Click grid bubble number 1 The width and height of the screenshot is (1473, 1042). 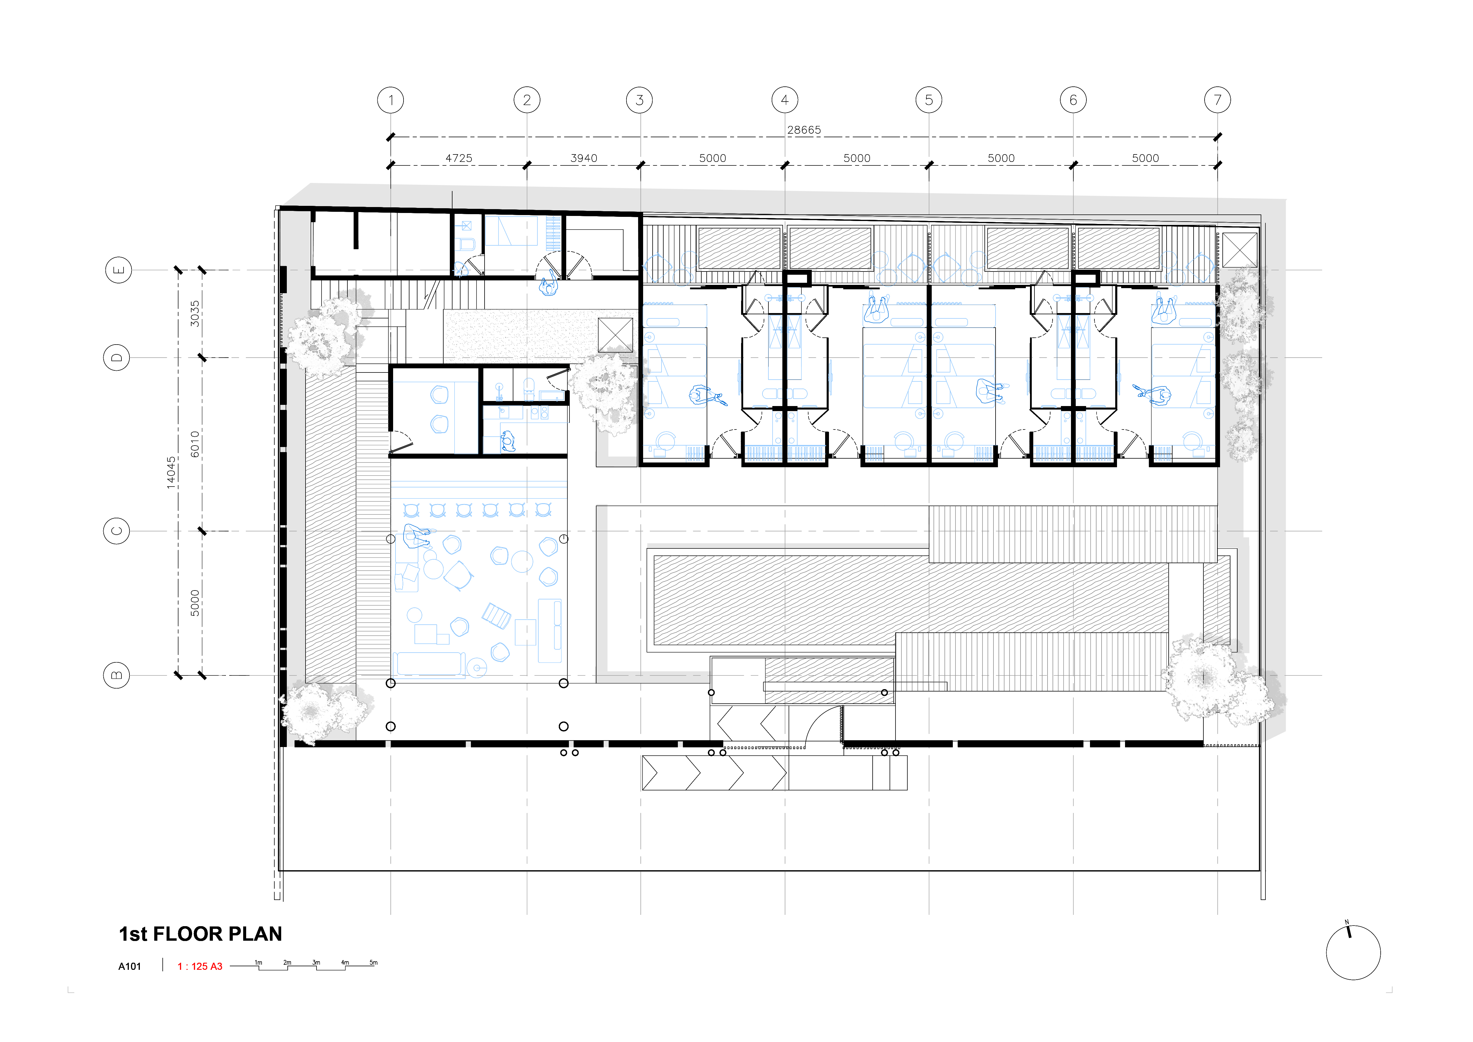pyautogui.click(x=391, y=100)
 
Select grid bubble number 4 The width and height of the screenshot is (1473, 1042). pyautogui.click(x=785, y=100)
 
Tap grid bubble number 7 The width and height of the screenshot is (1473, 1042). pyautogui.click(x=1218, y=100)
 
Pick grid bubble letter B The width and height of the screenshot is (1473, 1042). pyautogui.click(x=117, y=675)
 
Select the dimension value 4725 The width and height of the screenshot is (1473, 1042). pyautogui.click(x=459, y=158)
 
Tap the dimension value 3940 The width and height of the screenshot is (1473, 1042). pyautogui.click(x=584, y=158)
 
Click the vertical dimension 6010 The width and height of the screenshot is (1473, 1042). pyautogui.click(x=195, y=444)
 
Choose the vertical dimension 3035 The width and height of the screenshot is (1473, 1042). pyautogui.click(x=195, y=314)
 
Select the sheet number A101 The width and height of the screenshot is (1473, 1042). pyautogui.click(x=129, y=966)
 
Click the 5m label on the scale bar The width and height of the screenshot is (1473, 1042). pyautogui.click(x=374, y=962)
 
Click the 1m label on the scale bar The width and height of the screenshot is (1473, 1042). pyautogui.click(x=259, y=962)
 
